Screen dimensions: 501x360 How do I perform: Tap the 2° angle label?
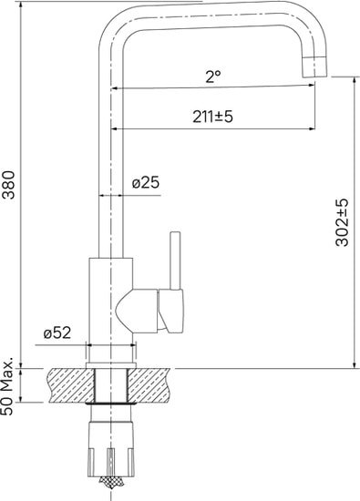pos(213,78)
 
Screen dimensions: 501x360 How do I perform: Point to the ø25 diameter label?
pos(146,183)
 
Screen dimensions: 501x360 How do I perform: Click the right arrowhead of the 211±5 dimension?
pos(311,127)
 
